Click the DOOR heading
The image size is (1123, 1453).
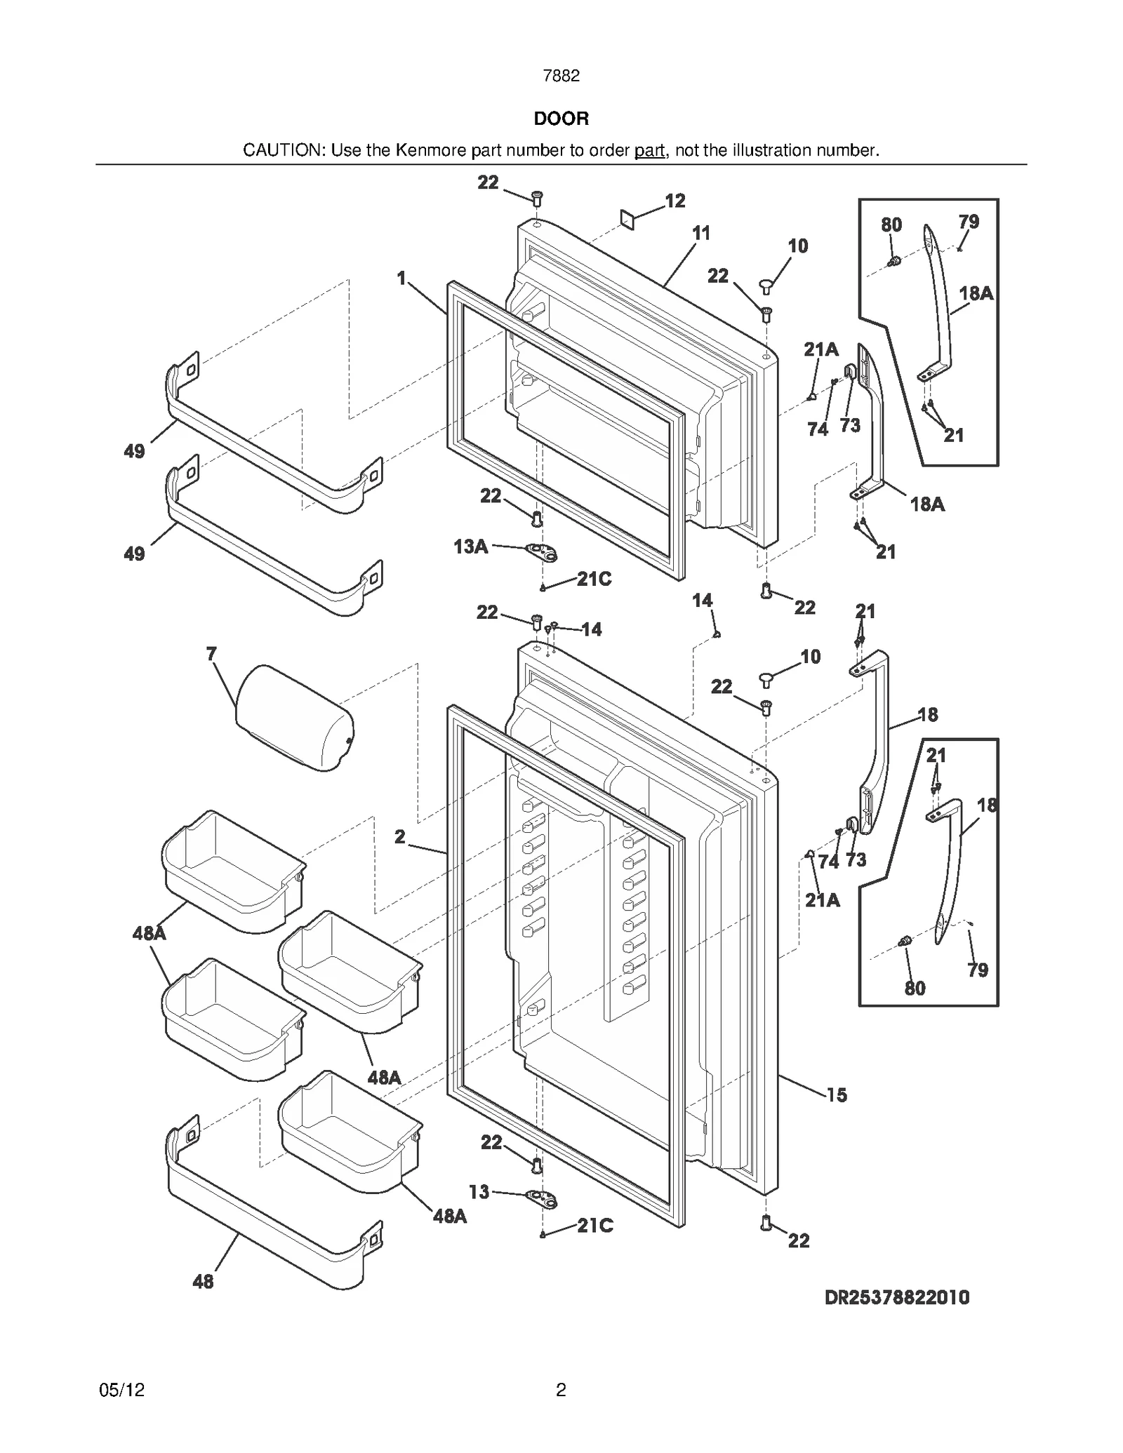561,119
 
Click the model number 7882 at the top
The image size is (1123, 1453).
561,76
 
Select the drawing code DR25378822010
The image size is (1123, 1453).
896,1297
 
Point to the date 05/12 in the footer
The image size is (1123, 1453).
122,1390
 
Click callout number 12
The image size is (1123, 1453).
675,201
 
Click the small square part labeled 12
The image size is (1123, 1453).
627,219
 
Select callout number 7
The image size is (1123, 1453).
211,654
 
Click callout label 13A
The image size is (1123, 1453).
470,547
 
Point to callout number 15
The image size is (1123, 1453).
837,1095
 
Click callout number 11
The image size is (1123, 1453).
701,233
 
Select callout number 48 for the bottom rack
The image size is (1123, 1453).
203,1282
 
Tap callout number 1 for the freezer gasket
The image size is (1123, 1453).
401,279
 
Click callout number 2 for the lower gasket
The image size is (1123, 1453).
399,836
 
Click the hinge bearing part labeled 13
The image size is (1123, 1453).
541,1199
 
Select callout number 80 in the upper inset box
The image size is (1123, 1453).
891,225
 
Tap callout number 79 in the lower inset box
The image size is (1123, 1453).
977,970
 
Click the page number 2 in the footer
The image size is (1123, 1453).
561,1390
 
